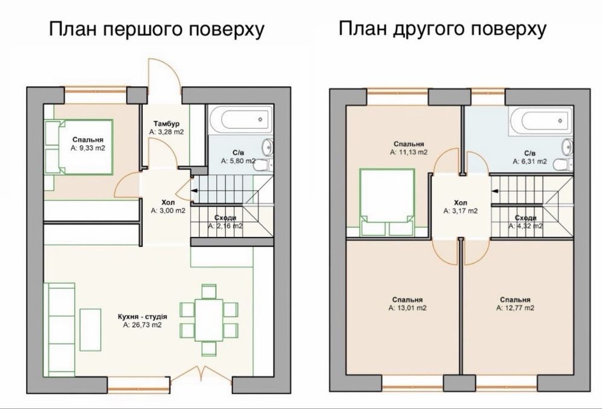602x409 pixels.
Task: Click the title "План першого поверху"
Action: tap(157, 29)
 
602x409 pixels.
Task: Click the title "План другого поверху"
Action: tap(442, 28)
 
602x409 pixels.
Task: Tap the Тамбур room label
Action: tap(166, 124)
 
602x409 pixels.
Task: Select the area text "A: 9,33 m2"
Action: tap(88, 148)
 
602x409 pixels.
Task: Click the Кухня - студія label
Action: tap(142, 317)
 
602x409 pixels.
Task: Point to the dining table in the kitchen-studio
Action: tap(209, 320)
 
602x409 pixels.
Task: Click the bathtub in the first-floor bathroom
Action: tap(240, 119)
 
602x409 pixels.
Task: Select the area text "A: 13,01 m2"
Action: tap(407, 308)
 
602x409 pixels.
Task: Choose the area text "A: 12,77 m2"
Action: tap(515, 308)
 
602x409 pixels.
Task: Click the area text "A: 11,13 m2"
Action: tap(409, 152)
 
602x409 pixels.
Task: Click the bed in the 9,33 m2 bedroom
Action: tap(79, 147)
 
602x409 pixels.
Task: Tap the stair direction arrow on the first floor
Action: tap(194, 190)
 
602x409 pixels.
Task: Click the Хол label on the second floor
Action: tap(460, 203)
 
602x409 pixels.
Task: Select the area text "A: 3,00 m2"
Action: tap(168, 211)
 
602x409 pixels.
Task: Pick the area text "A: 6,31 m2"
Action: tap(530, 162)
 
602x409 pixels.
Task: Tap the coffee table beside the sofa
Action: tap(90, 330)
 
